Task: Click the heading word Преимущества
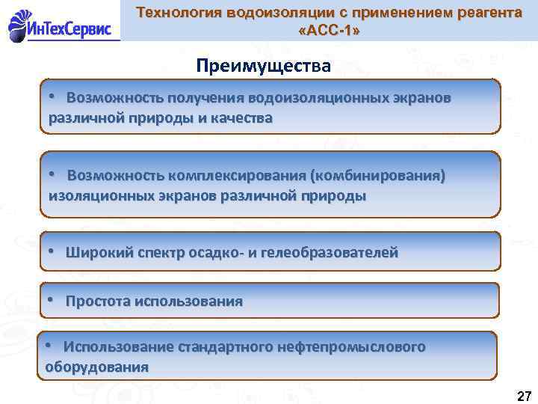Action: (263, 66)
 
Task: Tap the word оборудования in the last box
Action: (96, 367)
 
